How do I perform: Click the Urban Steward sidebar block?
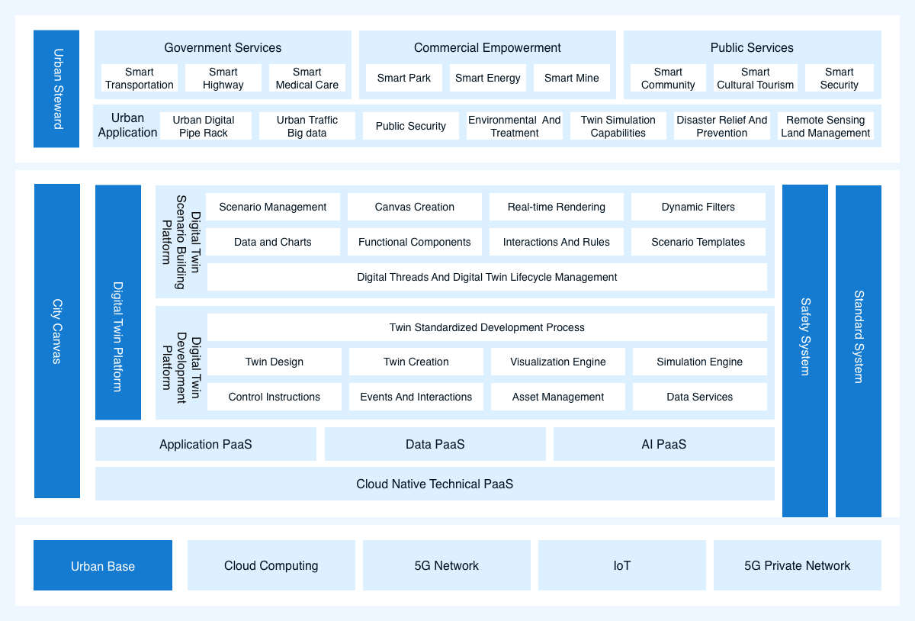click(x=56, y=88)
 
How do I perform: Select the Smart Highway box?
click(x=223, y=78)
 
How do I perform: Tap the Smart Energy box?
click(x=488, y=78)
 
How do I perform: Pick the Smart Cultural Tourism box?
click(x=756, y=78)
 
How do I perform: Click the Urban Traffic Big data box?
click(x=307, y=127)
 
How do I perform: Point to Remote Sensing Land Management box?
click(x=826, y=127)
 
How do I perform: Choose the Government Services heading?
click(x=223, y=47)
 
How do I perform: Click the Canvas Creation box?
click(x=415, y=207)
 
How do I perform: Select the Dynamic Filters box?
click(x=698, y=207)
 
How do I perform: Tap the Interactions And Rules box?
click(x=557, y=242)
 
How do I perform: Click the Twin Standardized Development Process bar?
click(x=487, y=327)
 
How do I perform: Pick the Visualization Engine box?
click(x=558, y=362)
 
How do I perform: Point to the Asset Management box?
click(x=558, y=397)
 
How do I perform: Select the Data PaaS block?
click(x=435, y=444)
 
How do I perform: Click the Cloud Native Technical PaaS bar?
click(x=435, y=484)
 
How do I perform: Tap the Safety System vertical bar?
click(x=804, y=351)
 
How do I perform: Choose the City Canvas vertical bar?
click(x=56, y=341)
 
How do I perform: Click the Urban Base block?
click(x=103, y=565)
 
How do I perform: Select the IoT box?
click(x=621, y=565)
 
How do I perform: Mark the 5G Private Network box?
click(x=798, y=565)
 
